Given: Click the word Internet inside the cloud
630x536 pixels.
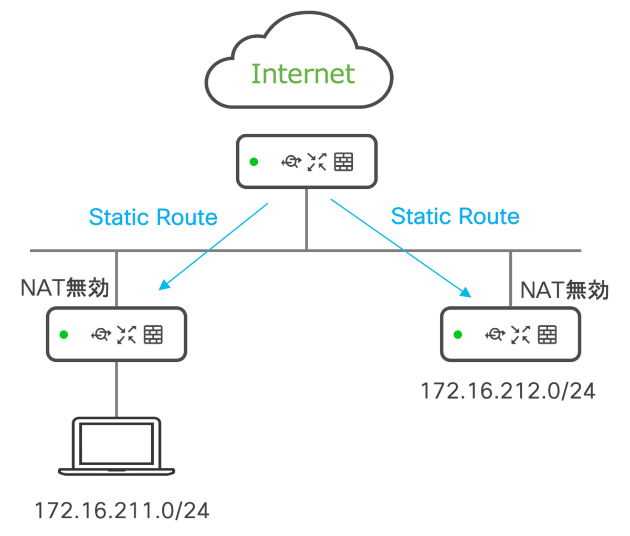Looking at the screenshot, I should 303,74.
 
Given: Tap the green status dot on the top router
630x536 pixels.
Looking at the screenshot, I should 254,162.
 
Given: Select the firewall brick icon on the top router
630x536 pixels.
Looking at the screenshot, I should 344,162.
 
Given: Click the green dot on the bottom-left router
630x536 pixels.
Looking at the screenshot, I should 64,334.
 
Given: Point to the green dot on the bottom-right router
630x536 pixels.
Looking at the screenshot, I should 458,334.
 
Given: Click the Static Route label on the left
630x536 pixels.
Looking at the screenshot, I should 153,217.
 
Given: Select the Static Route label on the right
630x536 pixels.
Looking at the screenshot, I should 455,216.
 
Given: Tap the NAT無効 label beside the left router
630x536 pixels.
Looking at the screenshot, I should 65,288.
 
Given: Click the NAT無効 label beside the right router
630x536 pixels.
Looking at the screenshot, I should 564,290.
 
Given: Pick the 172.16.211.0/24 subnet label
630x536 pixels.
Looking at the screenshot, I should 122,510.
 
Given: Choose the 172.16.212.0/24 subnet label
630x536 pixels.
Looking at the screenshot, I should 508,391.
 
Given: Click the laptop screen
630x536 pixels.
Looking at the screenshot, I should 117,443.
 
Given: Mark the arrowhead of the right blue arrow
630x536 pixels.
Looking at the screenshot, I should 467,293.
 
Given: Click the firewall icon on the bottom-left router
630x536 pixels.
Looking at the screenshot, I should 153,334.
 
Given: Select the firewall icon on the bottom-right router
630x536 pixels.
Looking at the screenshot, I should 547,334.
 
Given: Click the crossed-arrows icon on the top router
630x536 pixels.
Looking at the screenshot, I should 317,162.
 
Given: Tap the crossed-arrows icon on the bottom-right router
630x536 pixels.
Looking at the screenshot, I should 521,334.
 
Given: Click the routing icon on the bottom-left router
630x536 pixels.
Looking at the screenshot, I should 100,334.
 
